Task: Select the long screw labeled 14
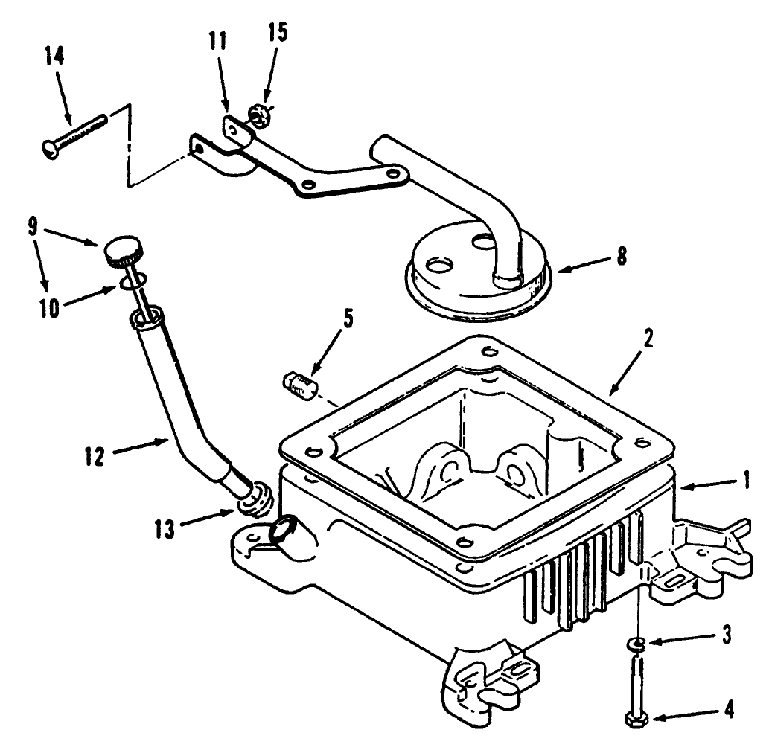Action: point(74,131)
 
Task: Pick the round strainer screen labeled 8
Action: point(476,276)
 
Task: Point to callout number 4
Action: point(729,710)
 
